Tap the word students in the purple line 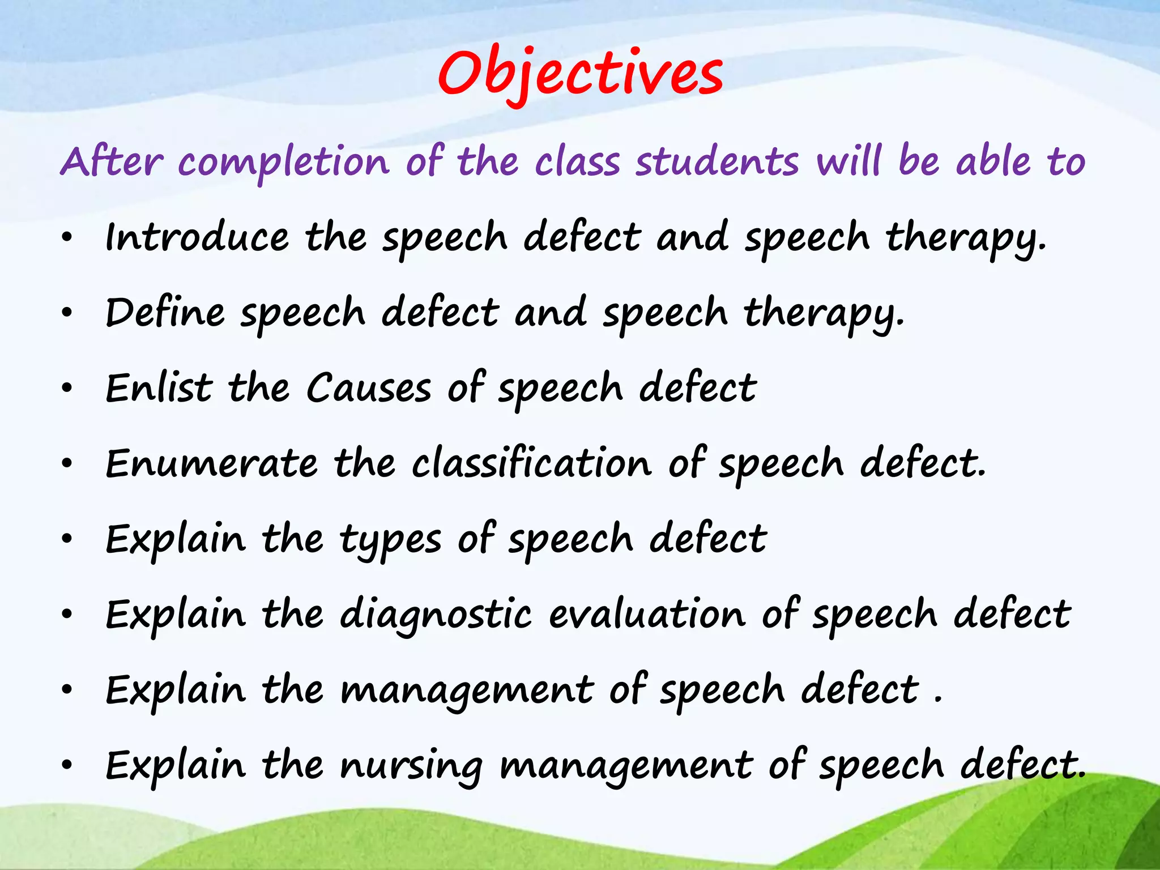717,161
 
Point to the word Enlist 159,388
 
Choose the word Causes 369,388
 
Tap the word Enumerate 211,463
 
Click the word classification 531,463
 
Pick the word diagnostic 436,615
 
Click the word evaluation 647,614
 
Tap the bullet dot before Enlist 67,388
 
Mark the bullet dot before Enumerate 67,463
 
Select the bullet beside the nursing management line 67,765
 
